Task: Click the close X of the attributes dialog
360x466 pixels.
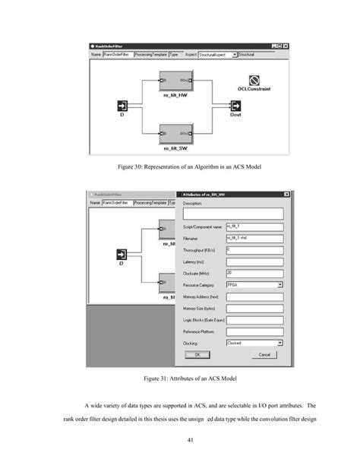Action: pos(287,195)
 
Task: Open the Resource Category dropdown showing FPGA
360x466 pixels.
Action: pos(254,285)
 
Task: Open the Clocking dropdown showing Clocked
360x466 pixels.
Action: pos(254,343)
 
